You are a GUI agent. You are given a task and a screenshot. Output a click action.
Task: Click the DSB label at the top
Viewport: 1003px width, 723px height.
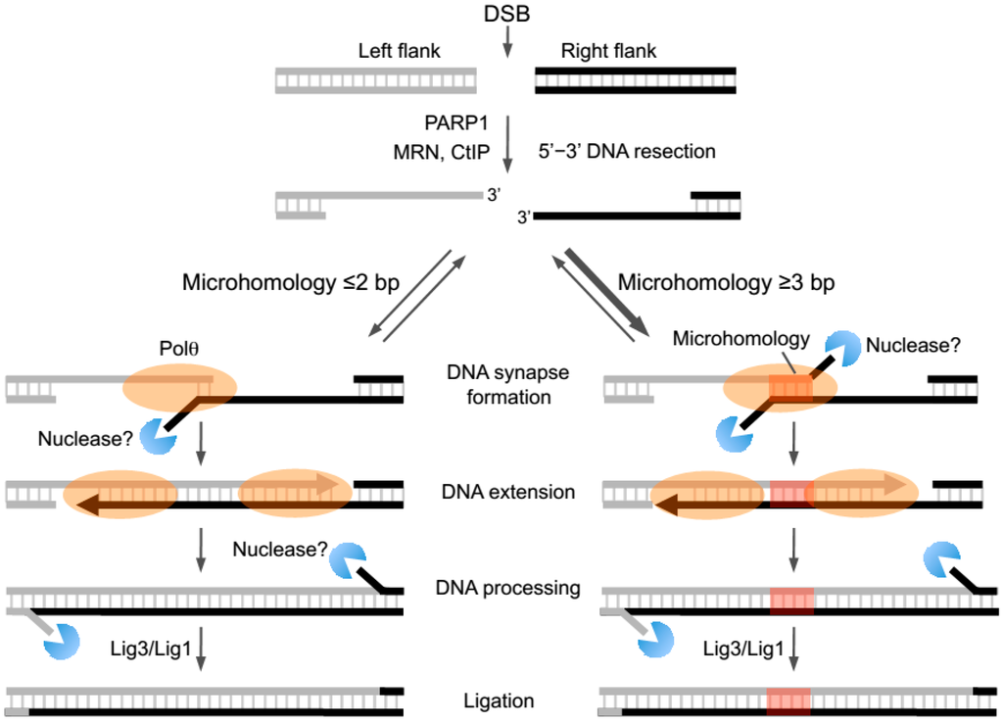coord(507,14)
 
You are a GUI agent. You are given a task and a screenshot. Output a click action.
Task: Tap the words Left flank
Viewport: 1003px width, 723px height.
coord(401,50)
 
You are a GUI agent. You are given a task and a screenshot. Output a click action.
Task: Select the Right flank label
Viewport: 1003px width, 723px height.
coord(608,50)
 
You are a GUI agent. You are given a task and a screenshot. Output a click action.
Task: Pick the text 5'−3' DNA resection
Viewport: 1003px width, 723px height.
coord(627,152)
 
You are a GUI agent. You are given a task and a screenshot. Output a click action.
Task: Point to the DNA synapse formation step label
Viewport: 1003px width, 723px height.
coord(506,385)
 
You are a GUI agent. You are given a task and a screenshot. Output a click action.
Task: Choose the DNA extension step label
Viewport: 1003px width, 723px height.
coord(506,492)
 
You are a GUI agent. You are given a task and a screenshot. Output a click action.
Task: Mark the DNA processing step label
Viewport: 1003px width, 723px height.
coord(506,588)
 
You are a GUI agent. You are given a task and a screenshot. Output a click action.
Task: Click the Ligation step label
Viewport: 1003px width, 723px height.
coord(500,700)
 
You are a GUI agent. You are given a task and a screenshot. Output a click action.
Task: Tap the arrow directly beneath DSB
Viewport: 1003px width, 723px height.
coord(507,42)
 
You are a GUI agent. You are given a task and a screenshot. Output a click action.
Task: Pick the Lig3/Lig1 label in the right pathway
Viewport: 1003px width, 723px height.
coord(749,648)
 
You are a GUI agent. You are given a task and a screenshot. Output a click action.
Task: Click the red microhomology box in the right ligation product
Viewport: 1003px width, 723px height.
coord(788,701)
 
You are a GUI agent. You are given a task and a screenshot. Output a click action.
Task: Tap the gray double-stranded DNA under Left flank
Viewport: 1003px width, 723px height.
coord(376,80)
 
